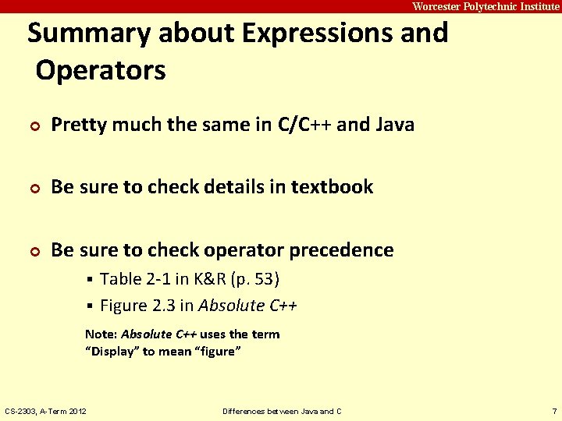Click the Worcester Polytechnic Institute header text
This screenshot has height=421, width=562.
486,6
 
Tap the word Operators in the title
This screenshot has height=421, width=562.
101,71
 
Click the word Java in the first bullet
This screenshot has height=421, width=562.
394,125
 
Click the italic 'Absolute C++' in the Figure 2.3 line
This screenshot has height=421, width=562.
247,306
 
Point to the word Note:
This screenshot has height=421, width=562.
101,334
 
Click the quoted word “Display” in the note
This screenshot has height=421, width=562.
112,352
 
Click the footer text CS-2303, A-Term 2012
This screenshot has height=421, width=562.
46,411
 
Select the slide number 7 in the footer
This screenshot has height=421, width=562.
553,411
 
